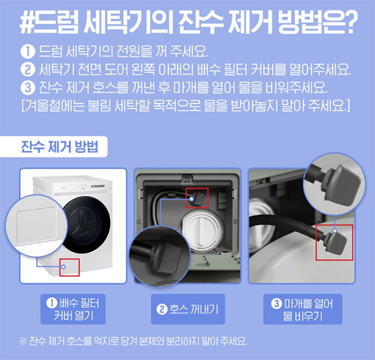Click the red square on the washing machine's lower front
[69, 266]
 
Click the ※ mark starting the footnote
[23, 341]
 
